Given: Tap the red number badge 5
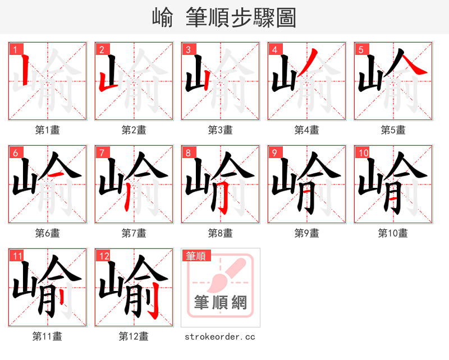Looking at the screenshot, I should (x=361, y=50).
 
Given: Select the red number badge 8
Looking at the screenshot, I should (x=188, y=153).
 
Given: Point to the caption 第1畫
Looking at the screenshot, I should (x=48, y=130).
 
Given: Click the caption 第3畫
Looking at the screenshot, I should (x=221, y=130).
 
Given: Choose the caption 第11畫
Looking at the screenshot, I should (x=48, y=336).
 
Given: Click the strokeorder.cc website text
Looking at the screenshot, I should (x=220, y=336).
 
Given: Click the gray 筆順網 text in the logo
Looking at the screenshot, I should (x=220, y=303).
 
